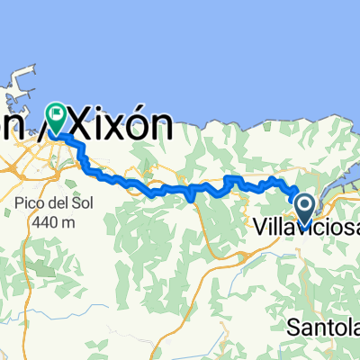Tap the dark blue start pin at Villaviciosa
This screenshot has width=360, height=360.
coord(304,209)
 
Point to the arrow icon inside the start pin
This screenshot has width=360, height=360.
coord(304,205)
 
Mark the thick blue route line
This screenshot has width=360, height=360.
coord(180,189)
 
